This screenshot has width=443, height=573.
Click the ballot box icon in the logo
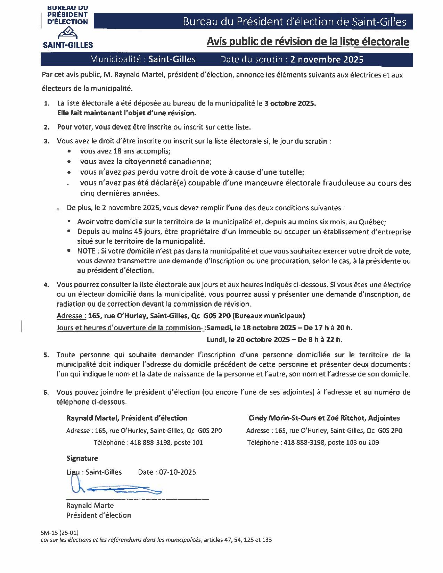coord(67,33)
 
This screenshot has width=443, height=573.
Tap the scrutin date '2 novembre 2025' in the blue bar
coord(327,59)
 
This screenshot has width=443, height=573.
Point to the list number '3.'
coord(47,141)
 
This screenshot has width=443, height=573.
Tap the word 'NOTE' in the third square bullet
coord(86,251)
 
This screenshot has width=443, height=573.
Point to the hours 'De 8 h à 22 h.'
coord(320,339)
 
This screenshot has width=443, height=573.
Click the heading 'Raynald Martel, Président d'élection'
coord(127,418)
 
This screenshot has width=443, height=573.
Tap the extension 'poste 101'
coord(188,442)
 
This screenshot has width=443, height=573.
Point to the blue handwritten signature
coord(115,488)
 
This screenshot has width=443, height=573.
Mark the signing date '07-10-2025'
coord(177,472)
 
